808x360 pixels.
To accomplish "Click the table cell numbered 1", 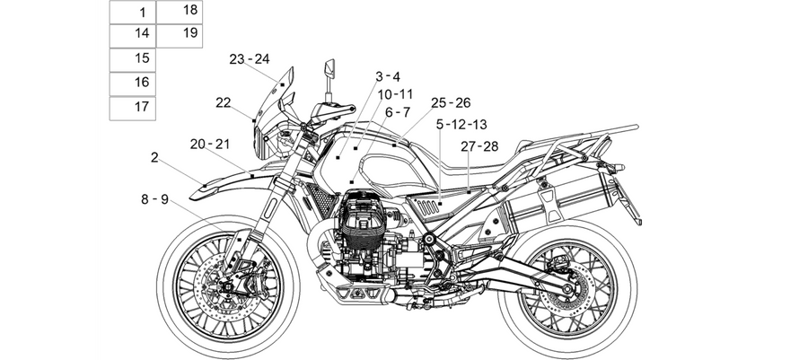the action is pyautogui.click(x=133, y=13).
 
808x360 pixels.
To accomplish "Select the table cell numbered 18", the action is pyautogui.click(x=180, y=12).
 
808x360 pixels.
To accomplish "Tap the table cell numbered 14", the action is pyautogui.click(x=133, y=36).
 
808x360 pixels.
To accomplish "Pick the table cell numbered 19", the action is pyautogui.click(x=180, y=36).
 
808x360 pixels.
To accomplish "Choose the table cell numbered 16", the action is pyautogui.click(x=133, y=84).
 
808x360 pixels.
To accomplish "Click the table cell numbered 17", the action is pyautogui.click(x=133, y=108).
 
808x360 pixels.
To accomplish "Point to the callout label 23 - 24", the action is pyautogui.click(x=250, y=59).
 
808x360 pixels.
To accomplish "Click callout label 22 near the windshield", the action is pyautogui.click(x=224, y=102).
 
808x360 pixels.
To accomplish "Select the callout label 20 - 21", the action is pyautogui.click(x=210, y=145).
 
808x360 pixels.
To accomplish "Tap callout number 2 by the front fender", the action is pyautogui.click(x=154, y=158).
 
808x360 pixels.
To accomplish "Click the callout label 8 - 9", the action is pyautogui.click(x=155, y=198).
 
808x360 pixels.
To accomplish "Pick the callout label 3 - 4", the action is pyautogui.click(x=388, y=76).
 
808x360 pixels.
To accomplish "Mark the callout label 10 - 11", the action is pyautogui.click(x=395, y=94).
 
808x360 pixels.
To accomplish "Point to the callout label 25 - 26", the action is pyautogui.click(x=451, y=103).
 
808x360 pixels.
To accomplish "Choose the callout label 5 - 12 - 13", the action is pyautogui.click(x=461, y=124).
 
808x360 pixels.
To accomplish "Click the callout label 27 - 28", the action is pyautogui.click(x=479, y=146).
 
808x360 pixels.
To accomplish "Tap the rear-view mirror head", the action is pyautogui.click(x=329, y=69).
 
